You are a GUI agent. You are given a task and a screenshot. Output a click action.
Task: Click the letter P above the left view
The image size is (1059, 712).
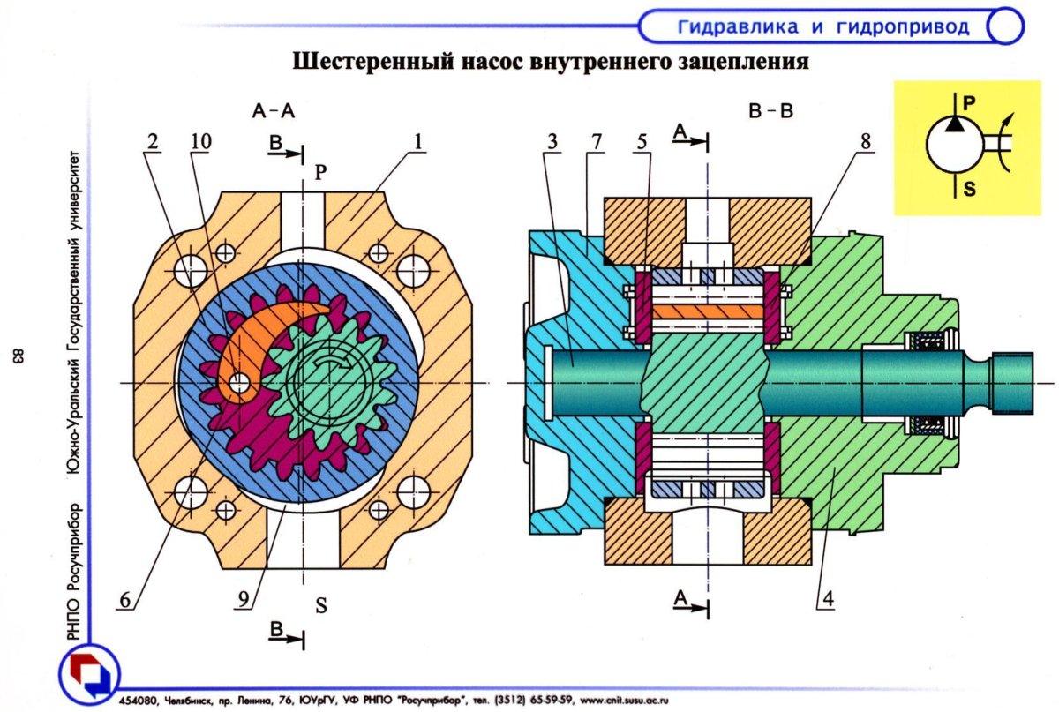tap(320, 174)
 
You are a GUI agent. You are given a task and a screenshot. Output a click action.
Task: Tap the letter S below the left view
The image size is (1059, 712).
tap(321, 605)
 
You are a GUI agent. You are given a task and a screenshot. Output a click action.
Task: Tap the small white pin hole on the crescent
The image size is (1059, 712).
tap(239, 383)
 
